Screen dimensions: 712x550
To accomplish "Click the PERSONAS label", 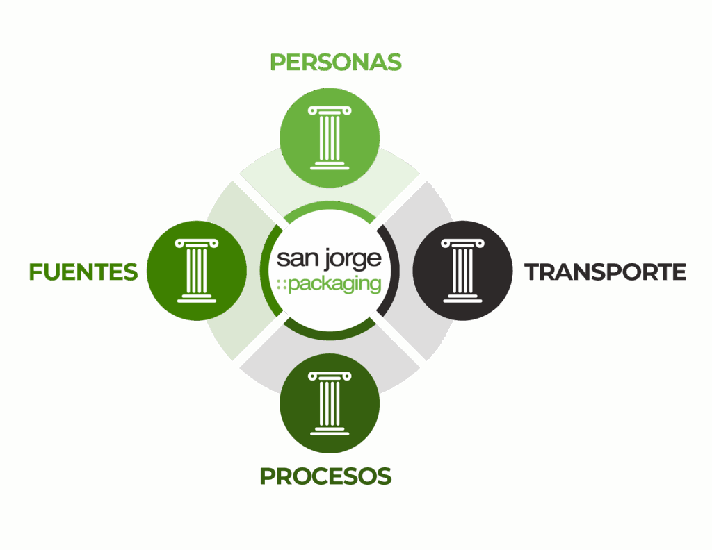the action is click(336, 62).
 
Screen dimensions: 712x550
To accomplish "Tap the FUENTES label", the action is click(83, 272).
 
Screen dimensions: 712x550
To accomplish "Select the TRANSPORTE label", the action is click(606, 272).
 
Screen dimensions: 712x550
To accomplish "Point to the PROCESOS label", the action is click(325, 476).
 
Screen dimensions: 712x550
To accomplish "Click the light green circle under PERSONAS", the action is click(330, 137).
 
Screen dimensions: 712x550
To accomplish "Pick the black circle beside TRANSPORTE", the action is click(462, 271).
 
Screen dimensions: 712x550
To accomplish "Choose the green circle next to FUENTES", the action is click(197, 271).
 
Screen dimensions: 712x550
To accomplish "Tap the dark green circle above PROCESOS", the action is click(330, 403).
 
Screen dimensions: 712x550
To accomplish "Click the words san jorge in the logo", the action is click(329, 259).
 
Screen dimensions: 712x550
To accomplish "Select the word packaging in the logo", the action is click(335, 285).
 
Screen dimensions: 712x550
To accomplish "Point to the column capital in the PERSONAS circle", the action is click(330, 110).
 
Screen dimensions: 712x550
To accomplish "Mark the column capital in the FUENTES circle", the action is click(197, 244).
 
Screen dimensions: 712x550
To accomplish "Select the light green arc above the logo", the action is click(330, 206).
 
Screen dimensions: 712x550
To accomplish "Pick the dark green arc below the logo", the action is click(330, 336).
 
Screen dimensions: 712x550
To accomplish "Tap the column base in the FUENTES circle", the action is click(197, 298).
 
